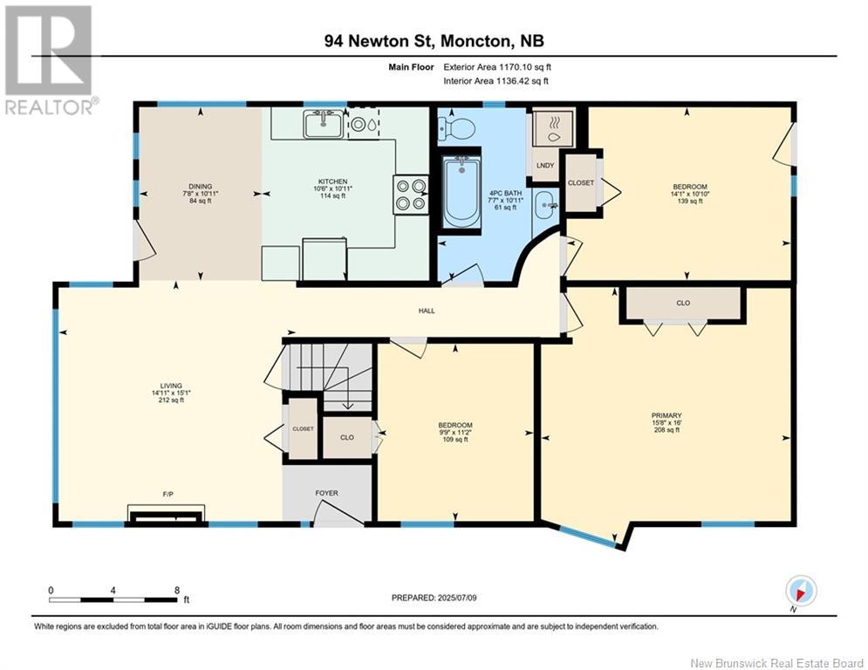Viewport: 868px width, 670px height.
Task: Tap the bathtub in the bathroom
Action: (461, 191)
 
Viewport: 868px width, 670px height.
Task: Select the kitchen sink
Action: (323, 124)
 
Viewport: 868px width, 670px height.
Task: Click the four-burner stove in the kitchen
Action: (411, 195)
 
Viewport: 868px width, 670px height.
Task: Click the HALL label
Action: (427, 311)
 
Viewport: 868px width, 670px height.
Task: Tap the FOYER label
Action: (326, 493)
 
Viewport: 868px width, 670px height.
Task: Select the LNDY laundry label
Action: (545, 166)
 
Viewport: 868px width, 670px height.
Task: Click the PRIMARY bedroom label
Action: (666, 415)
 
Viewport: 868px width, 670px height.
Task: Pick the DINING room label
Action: (201, 187)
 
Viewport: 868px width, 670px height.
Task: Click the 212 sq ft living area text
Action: (171, 400)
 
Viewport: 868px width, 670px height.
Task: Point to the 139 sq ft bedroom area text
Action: (690, 201)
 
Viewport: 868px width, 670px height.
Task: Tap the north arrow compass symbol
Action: (801, 591)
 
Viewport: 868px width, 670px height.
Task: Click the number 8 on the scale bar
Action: (177, 591)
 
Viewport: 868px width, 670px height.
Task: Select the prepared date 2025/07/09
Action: (457, 598)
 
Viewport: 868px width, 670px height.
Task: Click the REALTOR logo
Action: (49, 60)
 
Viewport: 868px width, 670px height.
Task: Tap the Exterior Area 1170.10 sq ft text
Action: (497, 67)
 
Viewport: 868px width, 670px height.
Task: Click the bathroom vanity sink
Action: (547, 205)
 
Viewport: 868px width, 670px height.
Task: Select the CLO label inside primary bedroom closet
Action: (683, 303)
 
